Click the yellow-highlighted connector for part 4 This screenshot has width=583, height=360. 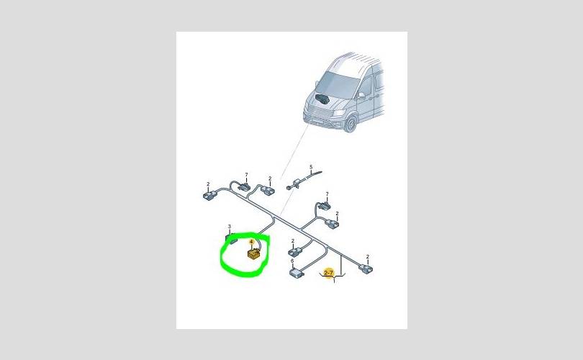[254, 255]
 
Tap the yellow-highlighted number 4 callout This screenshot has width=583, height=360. [252, 242]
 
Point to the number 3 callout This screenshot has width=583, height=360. [230, 227]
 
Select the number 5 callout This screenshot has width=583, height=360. [311, 167]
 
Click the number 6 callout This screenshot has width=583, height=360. [292, 261]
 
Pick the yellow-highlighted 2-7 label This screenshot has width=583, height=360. [329, 273]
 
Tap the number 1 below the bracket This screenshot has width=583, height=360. [334, 282]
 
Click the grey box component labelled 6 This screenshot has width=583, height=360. [297, 273]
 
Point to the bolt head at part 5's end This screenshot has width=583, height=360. [288, 188]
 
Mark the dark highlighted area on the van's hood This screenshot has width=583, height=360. [322, 99]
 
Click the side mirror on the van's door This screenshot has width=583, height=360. [361, 96]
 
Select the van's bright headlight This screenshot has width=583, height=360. [339, 112]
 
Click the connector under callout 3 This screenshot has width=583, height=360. [231, 238]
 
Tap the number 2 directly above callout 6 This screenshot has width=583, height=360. [293, 241]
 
